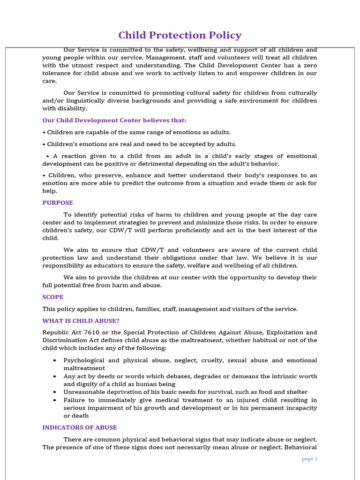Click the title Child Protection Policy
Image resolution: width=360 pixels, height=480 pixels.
point(180,35)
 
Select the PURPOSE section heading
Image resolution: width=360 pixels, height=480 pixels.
point(58,203)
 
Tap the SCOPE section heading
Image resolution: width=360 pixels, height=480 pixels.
point(53,297)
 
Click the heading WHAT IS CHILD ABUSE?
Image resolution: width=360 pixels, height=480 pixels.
point(81,321)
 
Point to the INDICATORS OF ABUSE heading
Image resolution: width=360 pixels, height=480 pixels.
point(80,427)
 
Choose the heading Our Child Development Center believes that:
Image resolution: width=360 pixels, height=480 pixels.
point(114,120)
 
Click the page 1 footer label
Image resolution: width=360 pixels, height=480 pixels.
point(309,459)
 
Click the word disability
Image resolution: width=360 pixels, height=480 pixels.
point(71,109)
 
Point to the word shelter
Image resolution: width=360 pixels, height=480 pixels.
point(297,392)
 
